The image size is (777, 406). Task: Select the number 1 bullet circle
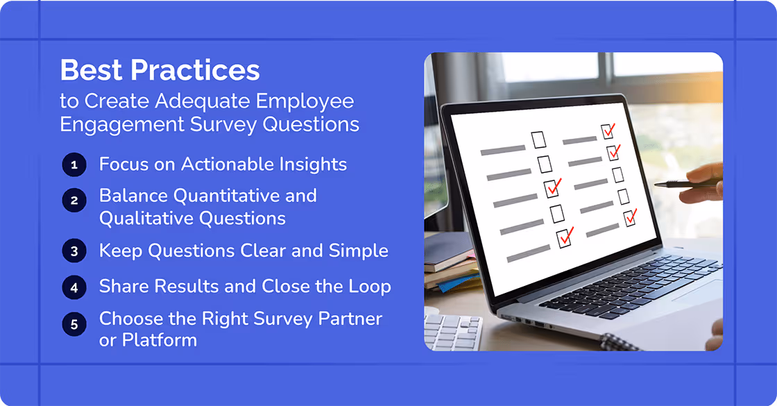(x=74, y=165)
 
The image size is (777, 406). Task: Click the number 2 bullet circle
(x=74, y=201)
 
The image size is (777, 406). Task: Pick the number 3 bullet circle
(x=74, y=251)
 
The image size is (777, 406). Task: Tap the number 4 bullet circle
(x=74, y=287)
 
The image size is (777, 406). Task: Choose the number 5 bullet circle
(x=74, y=323)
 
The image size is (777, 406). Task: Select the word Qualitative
(x=145, y=219)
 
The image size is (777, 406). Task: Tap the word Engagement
(x=118, y=124)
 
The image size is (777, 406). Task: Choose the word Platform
(x=160, y=340)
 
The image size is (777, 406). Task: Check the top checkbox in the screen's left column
(x=539, y=139)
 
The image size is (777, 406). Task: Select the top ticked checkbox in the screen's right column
(x=608, y=130)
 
